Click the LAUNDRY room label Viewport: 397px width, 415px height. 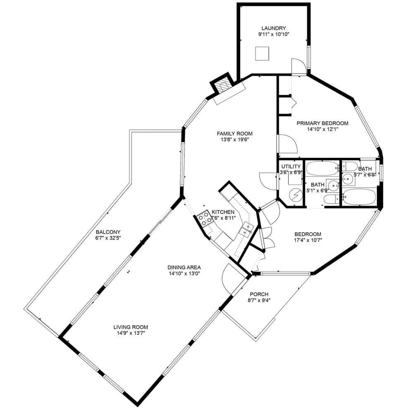click(273, 28)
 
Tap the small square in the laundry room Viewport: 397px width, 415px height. click(262, 54)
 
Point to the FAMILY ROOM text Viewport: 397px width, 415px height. click(234, 133)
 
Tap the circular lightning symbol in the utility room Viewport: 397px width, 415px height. click(295, 194)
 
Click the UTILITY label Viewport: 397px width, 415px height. click(291, 166)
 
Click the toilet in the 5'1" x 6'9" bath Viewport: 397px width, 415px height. click(330, 200)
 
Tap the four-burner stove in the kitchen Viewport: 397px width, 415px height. click(206, 218)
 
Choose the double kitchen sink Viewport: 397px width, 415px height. click(247, 229)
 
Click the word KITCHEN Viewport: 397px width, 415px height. click(223, 212)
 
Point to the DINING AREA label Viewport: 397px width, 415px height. click(184, 267)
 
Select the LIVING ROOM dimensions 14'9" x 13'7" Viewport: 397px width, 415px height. click(131, 332)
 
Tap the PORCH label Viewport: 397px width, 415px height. click(259, 294)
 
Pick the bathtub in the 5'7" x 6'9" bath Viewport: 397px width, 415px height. click(359, 197)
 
